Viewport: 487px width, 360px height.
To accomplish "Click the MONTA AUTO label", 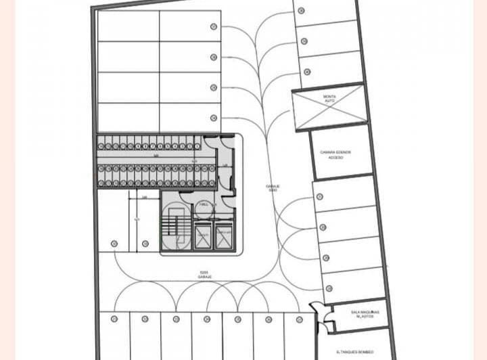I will (x=329, y=99).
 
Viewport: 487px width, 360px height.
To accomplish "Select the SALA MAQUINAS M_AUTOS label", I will (x=365, y=314).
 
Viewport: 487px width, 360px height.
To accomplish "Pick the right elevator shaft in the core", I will (x=224, y=236).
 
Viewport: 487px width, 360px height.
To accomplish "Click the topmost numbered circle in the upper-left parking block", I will (x=214, y=27).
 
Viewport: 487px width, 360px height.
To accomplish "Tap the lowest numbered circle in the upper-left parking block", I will (x=214, y=118).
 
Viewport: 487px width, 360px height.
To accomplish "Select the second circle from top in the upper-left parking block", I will (x=214, y=58).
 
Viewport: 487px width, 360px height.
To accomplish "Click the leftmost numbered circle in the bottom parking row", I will (x=114, y=319).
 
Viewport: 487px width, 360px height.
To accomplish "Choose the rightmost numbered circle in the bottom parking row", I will (x=298, y=319).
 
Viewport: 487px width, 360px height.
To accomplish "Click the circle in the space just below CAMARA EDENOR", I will (x=319, y=197).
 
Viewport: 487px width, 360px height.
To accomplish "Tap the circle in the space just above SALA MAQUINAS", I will (x=329, y=288).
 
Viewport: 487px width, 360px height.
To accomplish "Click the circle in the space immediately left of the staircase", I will (x=145, y=244).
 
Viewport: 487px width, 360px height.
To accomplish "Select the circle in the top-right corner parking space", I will (x=301, y=11).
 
